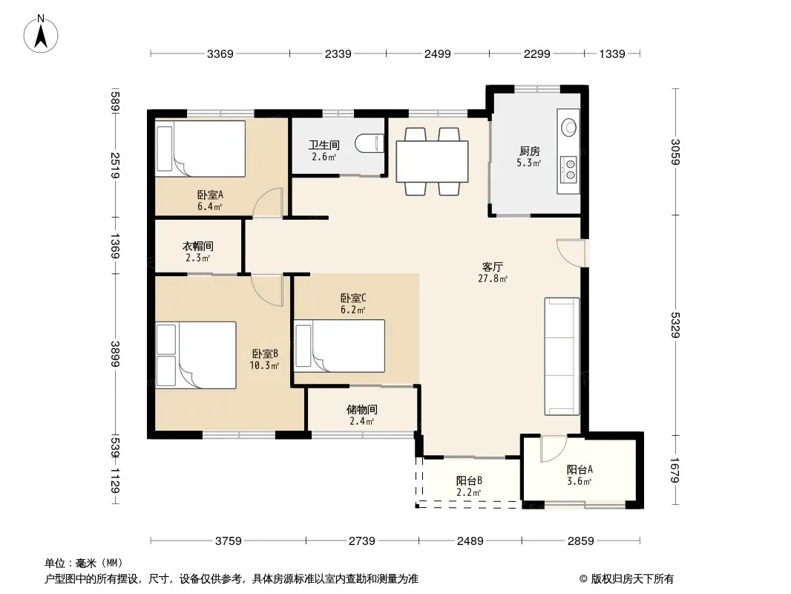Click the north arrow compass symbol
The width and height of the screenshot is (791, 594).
coord(41,34)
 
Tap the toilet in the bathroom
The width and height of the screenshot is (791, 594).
coord(370,144)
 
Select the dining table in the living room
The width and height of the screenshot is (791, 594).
coord(432,162)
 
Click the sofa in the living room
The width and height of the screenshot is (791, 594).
coord(562,356)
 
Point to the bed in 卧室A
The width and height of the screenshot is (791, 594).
coord(200,148)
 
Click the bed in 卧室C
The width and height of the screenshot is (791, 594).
coord(340,346)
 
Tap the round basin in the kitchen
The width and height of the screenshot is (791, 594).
coord(570,127)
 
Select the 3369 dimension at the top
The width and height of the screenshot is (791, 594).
coord(220,54)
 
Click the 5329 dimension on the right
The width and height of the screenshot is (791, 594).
coord(675,325)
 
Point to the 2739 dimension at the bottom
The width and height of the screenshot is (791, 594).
coord(361,541)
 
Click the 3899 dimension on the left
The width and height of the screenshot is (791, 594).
coord(115,354)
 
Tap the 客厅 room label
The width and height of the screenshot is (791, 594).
coord(493,267)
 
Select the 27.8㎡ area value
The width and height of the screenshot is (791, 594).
coord(493,278)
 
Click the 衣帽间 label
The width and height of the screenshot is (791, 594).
coord(197,246)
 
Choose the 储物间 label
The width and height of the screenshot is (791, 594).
coord(361,409)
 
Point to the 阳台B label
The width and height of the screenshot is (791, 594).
coord(469,480)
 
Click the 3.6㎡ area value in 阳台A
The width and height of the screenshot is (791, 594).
coord(579,481)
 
